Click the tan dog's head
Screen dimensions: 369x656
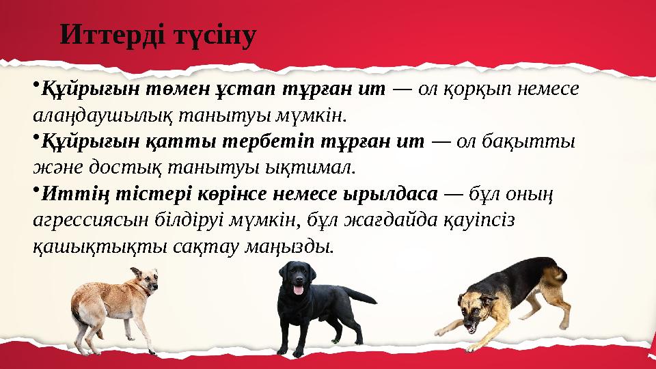(x=146, y=279)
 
